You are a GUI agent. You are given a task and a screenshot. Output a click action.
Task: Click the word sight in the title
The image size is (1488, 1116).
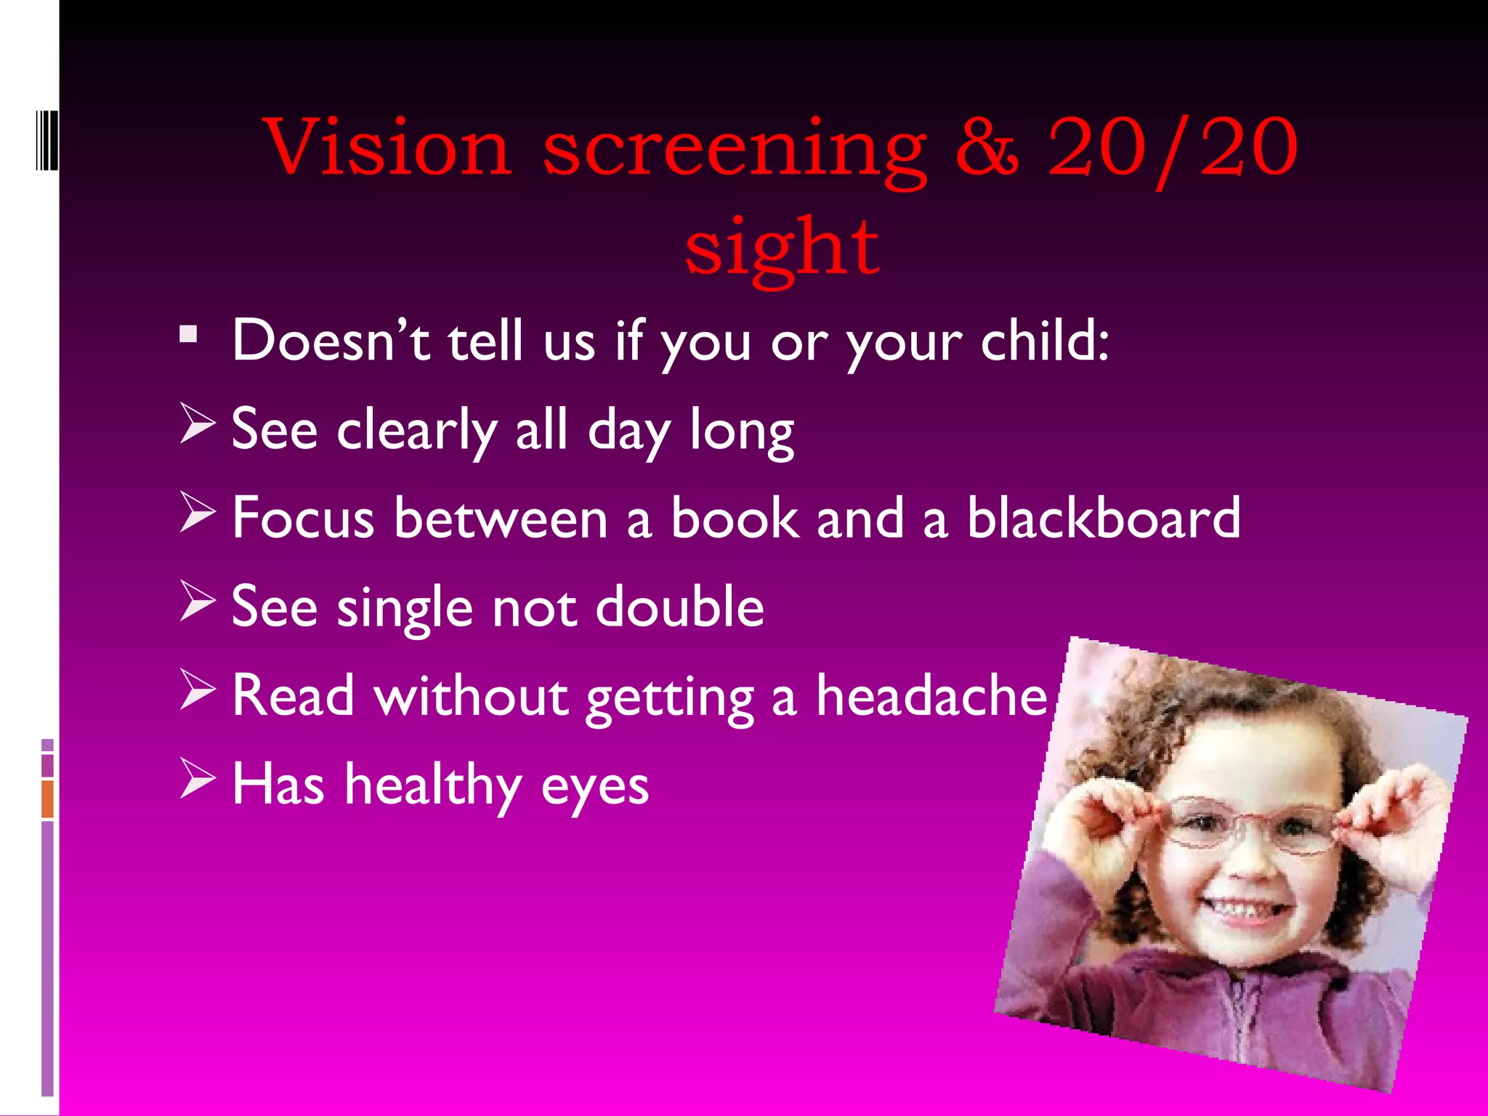(782, 248)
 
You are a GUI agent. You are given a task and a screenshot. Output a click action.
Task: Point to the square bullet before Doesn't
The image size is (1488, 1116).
(189, 335)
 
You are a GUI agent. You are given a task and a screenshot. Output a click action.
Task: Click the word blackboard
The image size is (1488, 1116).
(1103, 517)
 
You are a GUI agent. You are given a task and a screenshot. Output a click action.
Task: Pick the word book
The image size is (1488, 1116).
(734, 517)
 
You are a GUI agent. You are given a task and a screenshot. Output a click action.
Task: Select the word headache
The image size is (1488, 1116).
(931, 695)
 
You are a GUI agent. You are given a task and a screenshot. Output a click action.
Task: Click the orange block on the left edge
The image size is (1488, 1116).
(48, 798)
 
